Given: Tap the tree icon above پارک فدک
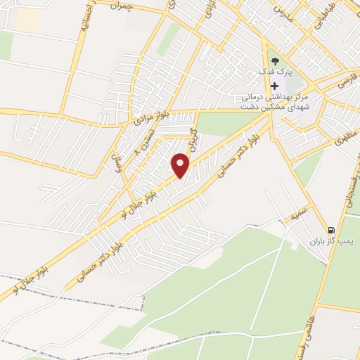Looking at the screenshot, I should pos(274,60).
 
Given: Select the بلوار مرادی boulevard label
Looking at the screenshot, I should pos(152,119).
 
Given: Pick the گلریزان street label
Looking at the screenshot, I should pos(191,141).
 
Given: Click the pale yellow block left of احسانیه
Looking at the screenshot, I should pos(28,19).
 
